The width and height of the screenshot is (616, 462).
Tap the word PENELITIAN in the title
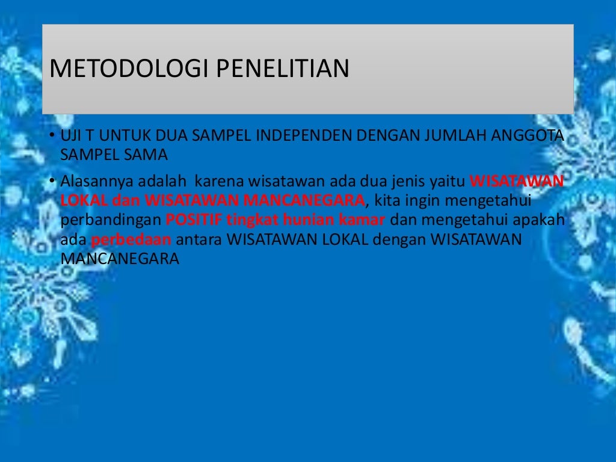click(282, 69)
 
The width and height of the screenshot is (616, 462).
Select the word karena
click(215, 181)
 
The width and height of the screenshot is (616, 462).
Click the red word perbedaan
click(131, 239)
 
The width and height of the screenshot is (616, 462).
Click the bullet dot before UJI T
click(52, 135)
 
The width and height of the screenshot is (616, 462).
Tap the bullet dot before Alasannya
click(52, 180)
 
